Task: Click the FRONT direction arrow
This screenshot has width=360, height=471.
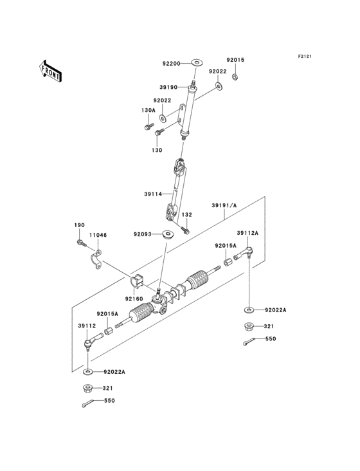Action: click(x=51, y=70)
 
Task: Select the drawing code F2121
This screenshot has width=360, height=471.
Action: click(x=304, y=57)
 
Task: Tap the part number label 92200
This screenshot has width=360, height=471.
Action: click(x=172, y=64)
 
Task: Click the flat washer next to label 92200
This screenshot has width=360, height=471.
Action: click(x=195, y=63)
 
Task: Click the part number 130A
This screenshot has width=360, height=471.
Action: click(x=148, y=110)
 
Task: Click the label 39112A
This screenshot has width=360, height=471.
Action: click(x=247, y=234)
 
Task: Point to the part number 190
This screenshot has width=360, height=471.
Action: click(x=79, y=225)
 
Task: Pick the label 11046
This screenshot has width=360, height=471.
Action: click(x=98, y=235)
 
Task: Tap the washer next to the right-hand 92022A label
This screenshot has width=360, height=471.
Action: click(x=249, y=309)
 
